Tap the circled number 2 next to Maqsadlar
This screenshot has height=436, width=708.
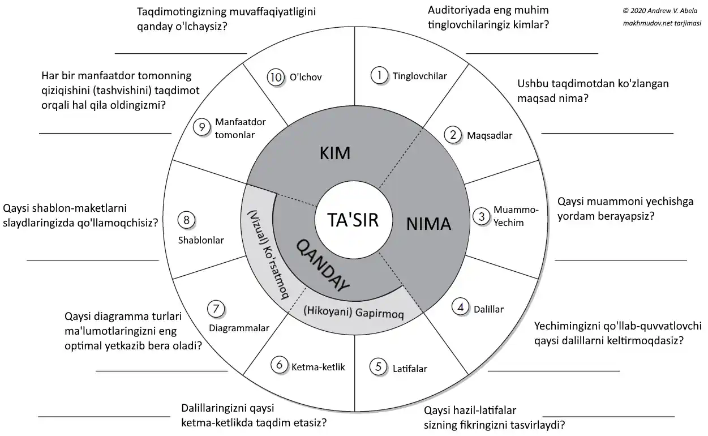(x=453, y=135)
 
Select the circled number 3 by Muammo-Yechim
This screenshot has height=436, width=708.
(x=482, y=216)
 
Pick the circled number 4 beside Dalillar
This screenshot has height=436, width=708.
(x=461, y=307)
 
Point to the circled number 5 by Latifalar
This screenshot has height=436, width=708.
(x=379, y=366)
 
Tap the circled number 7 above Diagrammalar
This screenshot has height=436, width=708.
(x=216, y=309)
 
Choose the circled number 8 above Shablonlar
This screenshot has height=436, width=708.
(x=186, y=219)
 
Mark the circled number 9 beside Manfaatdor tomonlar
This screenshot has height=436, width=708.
(x=201, y=127)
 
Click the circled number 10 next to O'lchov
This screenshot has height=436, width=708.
(x=276, y=78)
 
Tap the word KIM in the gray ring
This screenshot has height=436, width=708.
(x=335, y=153)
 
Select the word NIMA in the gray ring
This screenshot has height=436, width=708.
(x=428, y=224)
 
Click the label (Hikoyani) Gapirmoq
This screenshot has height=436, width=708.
(x=353, y=313)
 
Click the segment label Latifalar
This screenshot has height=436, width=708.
(x=410, y=369)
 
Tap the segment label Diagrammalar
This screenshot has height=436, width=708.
(x=239, y=328)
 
